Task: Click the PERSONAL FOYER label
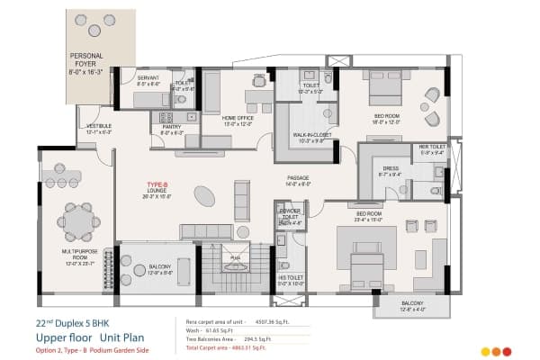coord(93,62)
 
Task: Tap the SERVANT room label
coord(148,81)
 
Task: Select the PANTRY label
coord(172,129)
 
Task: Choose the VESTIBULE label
coord(98,129)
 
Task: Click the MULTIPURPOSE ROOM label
coord(79,260)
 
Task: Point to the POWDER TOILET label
coord(290,217)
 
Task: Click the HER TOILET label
coord(432,149)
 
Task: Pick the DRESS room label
coord(390,171)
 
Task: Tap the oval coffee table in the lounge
coord(205,194)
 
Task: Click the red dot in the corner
coord(508,351)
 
